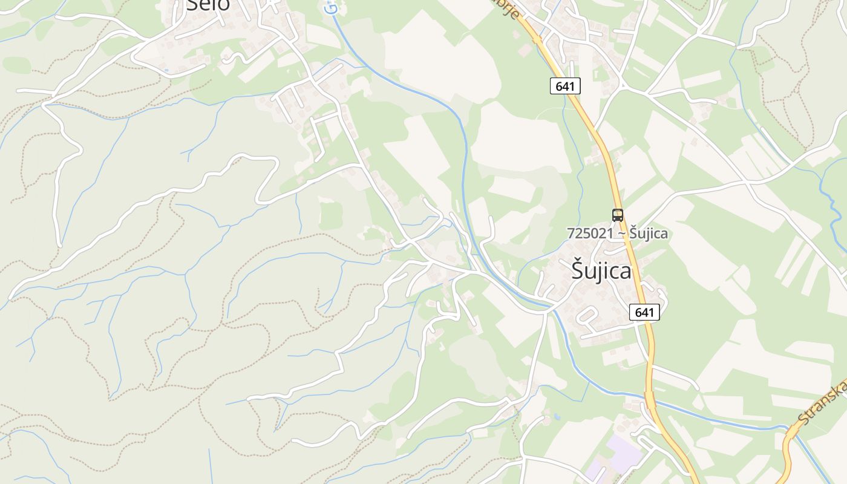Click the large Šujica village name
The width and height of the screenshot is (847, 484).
tap(601, 271)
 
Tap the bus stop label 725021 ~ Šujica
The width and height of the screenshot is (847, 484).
tap(618, 233)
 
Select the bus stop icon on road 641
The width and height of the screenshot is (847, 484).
tap(617, 215)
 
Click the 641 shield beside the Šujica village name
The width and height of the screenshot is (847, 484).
tap(644, 312)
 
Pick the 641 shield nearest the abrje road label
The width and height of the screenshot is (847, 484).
tap(565, 86)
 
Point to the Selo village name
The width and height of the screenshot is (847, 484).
tap(208, 5)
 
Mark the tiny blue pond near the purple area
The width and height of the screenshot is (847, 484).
tap(556, 417)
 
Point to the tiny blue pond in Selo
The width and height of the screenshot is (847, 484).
tap(166, 70)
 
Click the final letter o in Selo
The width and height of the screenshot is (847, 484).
tap(223, 5)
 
